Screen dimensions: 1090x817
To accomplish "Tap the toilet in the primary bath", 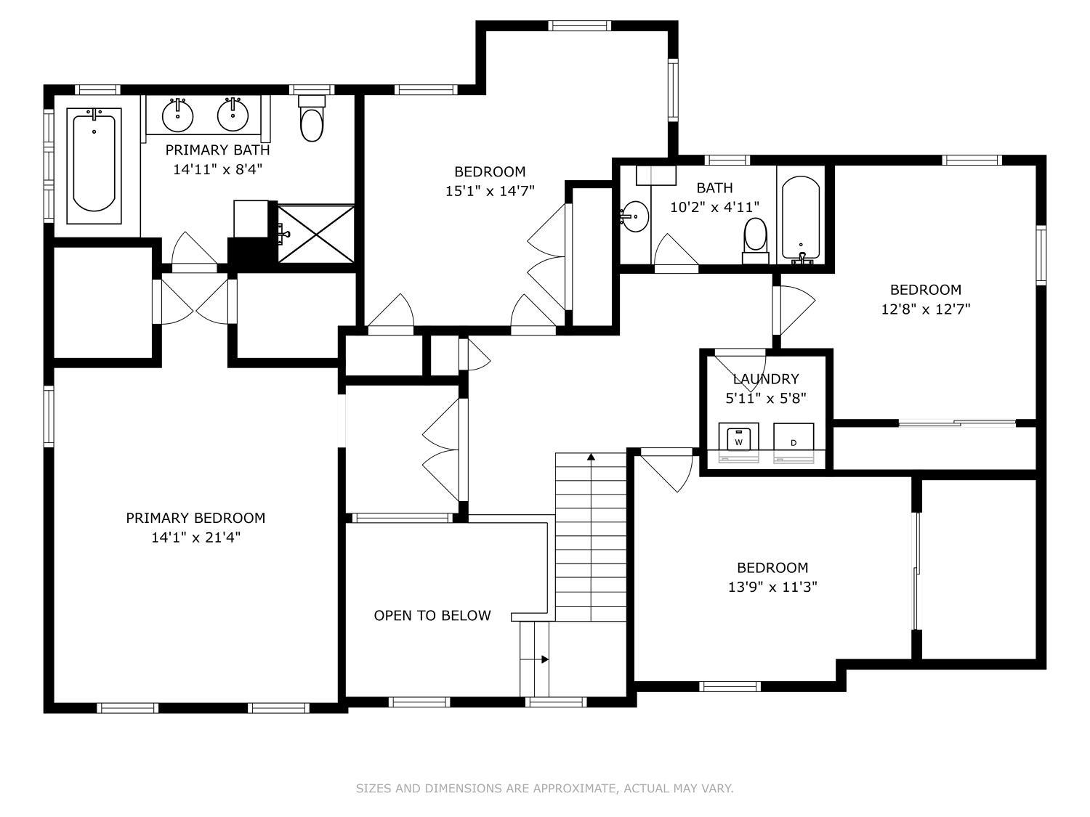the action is (312, 118).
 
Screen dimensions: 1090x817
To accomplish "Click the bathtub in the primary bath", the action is (94, 166).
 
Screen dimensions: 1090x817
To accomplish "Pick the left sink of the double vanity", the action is (177, 115).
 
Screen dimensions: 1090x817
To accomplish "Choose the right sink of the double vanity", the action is (233, 115).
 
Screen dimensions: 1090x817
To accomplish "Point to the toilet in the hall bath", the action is (755, 240).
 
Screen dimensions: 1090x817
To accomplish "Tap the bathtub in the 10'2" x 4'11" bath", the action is (801, 219).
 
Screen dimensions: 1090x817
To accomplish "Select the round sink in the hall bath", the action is (634, 216).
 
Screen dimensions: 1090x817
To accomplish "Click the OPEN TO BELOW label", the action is (432, 616).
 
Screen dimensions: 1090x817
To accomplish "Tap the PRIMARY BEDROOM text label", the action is (195, 518).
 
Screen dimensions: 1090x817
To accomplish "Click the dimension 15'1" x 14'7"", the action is (490, 191).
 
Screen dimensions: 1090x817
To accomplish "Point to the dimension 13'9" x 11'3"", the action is (772, 588).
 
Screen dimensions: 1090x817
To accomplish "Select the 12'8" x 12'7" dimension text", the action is (926, 309).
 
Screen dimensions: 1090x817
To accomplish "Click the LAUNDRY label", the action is (766, 379).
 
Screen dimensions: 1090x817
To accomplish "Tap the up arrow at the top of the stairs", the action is (591, 456).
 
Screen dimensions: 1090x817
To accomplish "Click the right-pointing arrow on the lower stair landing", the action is (545, 659).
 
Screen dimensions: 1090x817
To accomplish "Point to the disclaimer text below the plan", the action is (544, 788).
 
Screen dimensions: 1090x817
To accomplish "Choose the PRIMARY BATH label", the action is (217, 150).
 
